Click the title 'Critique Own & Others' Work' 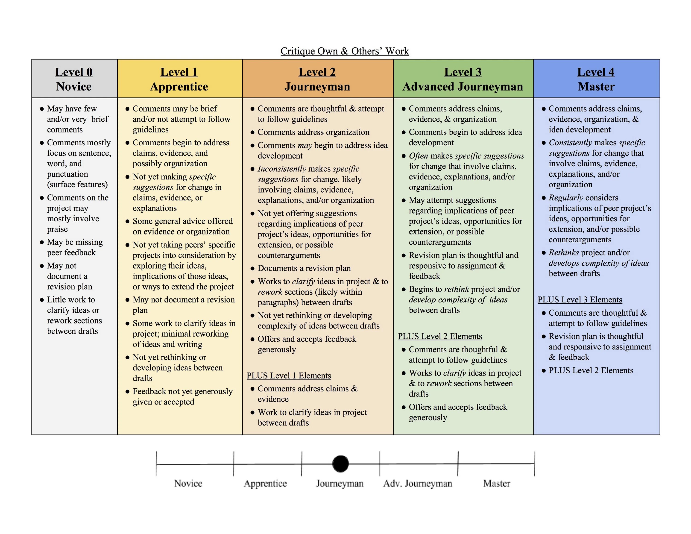[x=345, y=51]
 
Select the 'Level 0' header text [x=74, y=72]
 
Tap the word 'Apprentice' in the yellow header [x=179, y=87]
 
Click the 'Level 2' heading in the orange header [x=317, y=72]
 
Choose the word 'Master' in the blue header [x=596, y=87]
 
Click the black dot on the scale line [x=340, y=464]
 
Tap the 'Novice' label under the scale [x=188, y=483]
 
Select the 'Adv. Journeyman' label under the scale [x=418, y=483]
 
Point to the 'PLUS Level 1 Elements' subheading [x=289, y=376]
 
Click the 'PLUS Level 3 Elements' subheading [x=580, y=299]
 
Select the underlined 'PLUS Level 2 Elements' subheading [x=440, y=336]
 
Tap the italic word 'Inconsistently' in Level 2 [x=282, y=169]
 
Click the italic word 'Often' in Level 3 [x=418, y=156]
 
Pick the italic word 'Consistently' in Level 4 [x=570, y=143]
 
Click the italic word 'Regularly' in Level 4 [x=566, y=198]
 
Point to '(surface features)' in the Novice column [x=78, y=185]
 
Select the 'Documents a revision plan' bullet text [x=304, y=268]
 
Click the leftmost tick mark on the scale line [x=156, y=464]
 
